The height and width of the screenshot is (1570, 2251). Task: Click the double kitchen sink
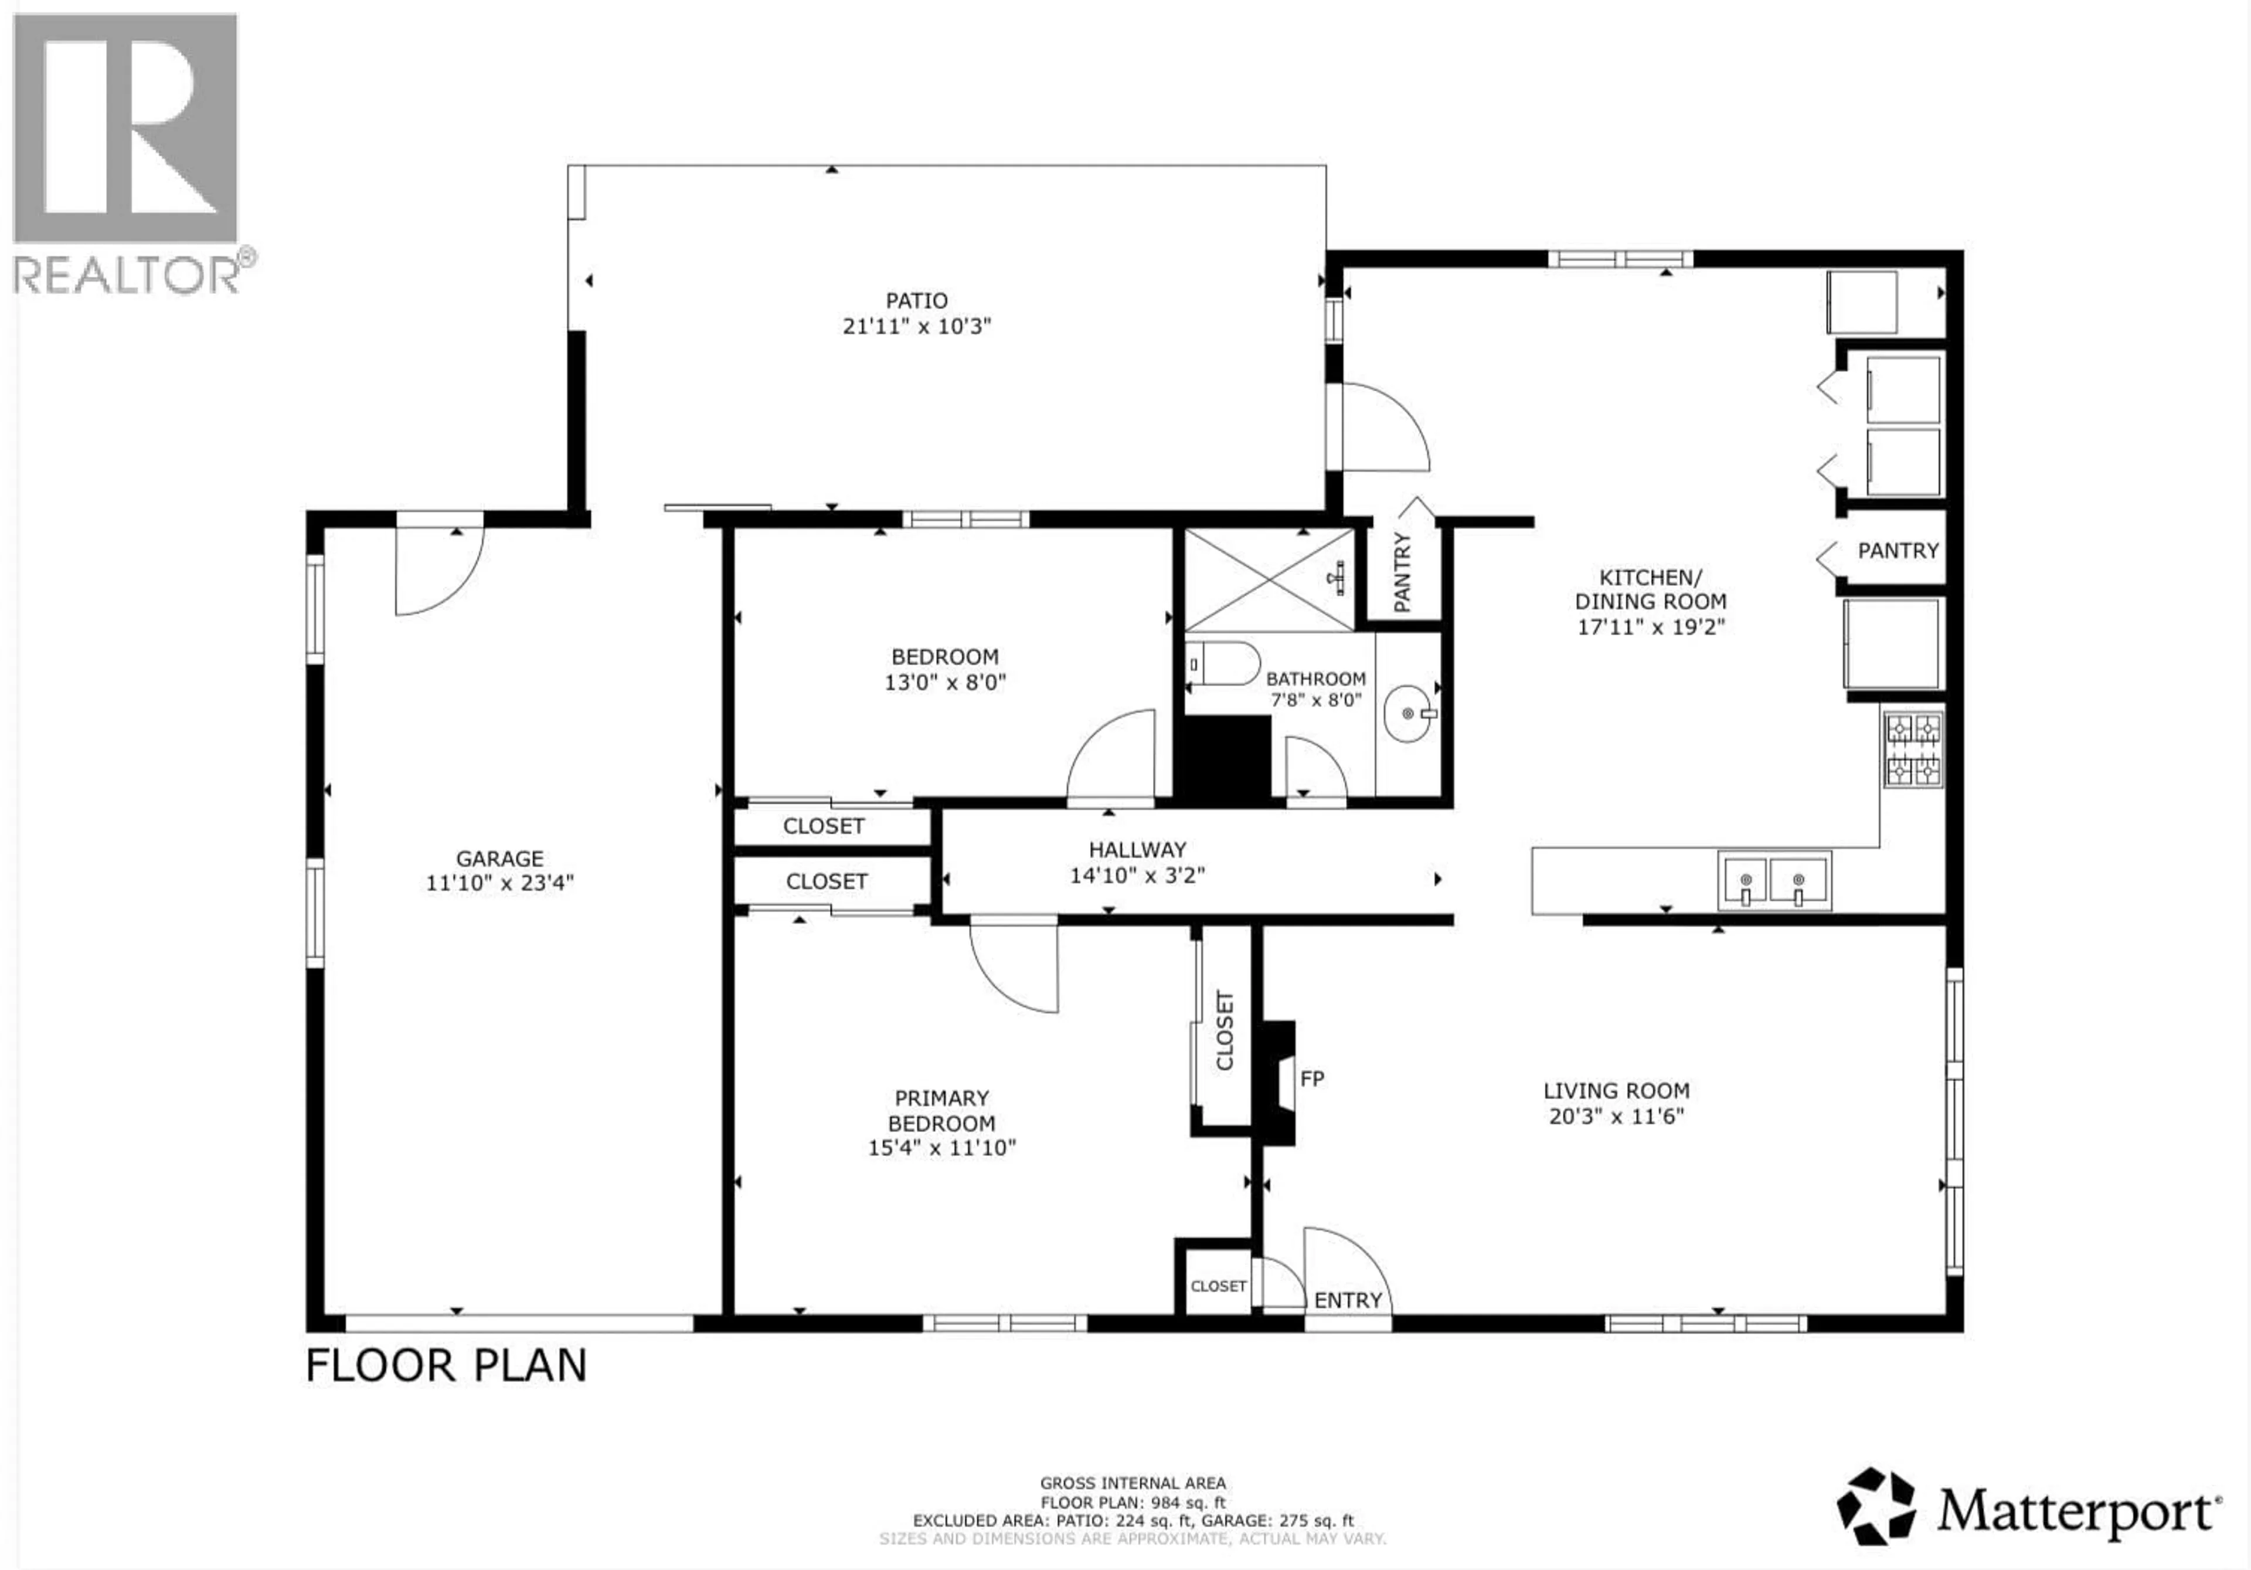(1773, 880)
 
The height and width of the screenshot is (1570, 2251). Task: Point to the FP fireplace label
(1312, 1079)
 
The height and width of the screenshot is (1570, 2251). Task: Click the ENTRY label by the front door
(1347, 1300)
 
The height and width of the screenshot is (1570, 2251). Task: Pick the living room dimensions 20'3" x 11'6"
(1616, 1116)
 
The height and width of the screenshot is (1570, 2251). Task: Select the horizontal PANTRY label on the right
(1898, 551)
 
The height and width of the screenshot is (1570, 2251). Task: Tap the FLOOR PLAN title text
(446, 1365)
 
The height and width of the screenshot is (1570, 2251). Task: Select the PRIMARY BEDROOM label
(941, 1110)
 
